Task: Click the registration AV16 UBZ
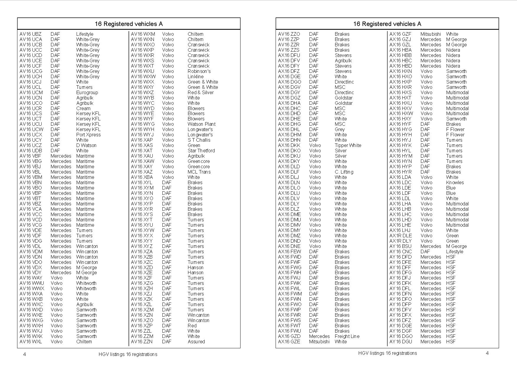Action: pyautogui.click(x=31, y=34)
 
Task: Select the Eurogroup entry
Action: pyautogui.click(x=87, y=92)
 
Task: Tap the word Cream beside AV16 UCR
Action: pyautogui.click(x=83, y=108)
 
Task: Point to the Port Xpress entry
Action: pyautogui.click(x=88, y=135)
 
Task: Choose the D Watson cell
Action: pyautogui.click(x=86, y=145)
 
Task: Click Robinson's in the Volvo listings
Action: pyautogui.click(x=199, y=71)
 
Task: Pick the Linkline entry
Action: pyautogui.click(x=195, y=76)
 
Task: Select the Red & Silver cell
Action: pyautogui.click(x=201, y=92)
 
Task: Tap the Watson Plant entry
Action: pyautogui.click(x=202, y=124)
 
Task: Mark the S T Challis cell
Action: pyautogui.click(x=199, y=140)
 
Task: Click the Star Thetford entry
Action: pyautogui.click(x=201, y=151)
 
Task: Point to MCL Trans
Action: pyautogui.click(x=199, y=172)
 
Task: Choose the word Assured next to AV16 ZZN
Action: pyautogui.click(x=196, y=342)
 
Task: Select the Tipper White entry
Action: pyautogui.click(x=348, y=145)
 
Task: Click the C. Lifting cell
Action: pyautogui.click(x=344, y=172)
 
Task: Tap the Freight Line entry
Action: pyautogui.click(x=347, y=336)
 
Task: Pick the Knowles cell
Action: pyautogui.click(x=455, y=182)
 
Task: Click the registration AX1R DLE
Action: pyautogui.click(x=401, y=236)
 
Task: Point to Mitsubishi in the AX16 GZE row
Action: pyautogui.click(x=319, y=342)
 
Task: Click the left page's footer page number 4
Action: pyautogui.click(x=24, y=354)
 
